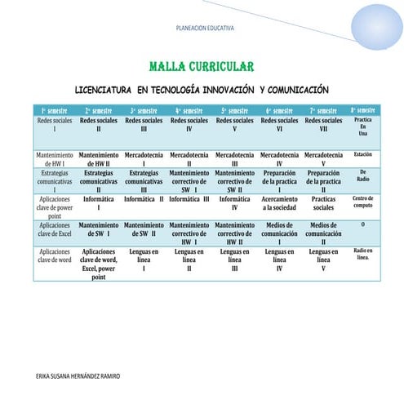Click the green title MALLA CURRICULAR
pos(202,65)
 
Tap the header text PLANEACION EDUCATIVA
pos(205,28)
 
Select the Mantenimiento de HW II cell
pos(99,158)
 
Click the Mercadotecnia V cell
pos(323,158)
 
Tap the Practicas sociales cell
pos(323,202)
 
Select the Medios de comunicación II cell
pos(323,233)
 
